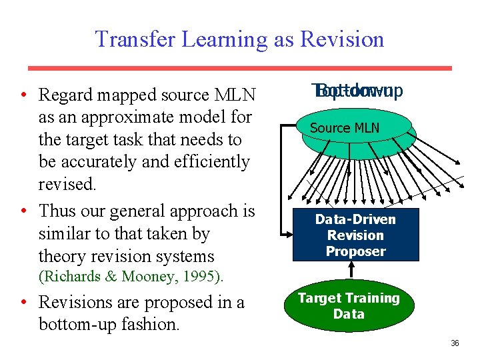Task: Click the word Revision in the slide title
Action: (x=342, y=39)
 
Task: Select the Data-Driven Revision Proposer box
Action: (x=355, y=235)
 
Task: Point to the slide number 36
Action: (x=455, y=343)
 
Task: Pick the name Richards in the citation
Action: (x=71, y=276)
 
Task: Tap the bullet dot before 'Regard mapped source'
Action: (x=24, y=95)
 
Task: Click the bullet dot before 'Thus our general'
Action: (x=24, y=211)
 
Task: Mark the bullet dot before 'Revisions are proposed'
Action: (x=24, y=303)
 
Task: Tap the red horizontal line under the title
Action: (x=239, y=68)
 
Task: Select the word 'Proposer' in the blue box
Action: (x=355, y=251)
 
